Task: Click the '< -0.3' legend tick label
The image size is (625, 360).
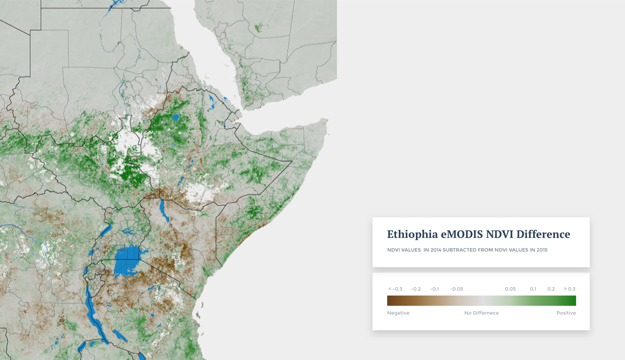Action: tap(395, 289)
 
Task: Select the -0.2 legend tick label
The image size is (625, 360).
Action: tap(416, 289)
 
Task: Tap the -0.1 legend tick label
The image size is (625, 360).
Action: tap(434, 289)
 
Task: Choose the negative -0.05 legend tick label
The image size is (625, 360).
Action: tap(457, 289)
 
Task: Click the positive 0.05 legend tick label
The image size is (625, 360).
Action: tap(510, 289)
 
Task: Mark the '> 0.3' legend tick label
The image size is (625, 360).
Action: tap(569, 289)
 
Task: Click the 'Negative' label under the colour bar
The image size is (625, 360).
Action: tap(398, 313)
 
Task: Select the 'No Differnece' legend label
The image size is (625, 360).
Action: tap(481, 313)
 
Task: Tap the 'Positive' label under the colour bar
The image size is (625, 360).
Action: tap(566, 313)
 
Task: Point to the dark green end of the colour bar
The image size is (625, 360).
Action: tap(573, 300)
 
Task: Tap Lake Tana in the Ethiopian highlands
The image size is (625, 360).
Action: tap(175, 118)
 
